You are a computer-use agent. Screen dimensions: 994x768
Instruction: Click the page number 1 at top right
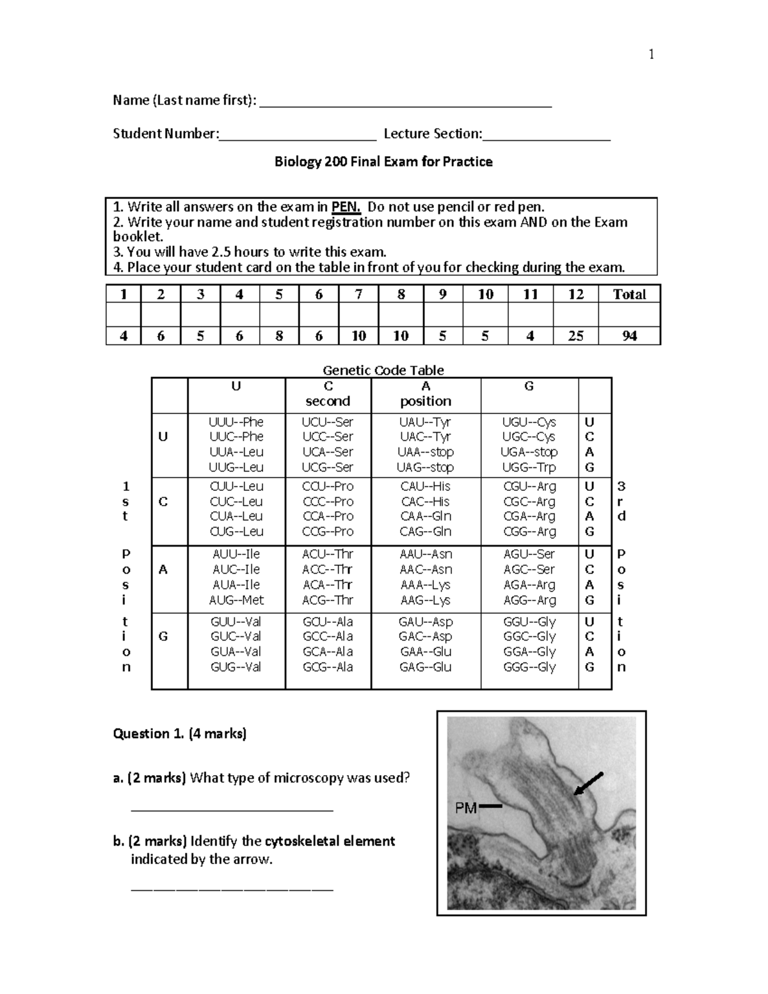[651, 54]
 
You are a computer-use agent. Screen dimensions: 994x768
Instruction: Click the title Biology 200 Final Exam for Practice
[383, 161]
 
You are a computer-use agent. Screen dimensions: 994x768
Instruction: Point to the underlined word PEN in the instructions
[346, 207]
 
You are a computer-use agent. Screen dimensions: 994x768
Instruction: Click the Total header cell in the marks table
[629, 294]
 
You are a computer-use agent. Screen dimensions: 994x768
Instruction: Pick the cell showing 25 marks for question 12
[575, 336]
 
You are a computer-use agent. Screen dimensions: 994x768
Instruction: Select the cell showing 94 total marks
[629, 336]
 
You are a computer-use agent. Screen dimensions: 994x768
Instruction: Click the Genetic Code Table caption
[383, 370]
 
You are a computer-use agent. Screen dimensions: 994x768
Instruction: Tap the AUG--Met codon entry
[236, 600]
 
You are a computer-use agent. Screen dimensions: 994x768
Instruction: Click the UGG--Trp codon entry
[529, 467]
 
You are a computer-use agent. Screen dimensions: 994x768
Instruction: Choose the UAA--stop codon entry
[426, 452]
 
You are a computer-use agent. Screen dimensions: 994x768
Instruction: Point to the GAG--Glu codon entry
[426, 667]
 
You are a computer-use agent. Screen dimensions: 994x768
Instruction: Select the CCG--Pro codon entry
[328, 531]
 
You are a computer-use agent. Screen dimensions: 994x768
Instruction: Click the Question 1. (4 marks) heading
[180, 733]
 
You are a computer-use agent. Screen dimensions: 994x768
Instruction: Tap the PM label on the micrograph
[466, 808]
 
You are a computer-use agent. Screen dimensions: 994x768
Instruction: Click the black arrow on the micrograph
[588, 784]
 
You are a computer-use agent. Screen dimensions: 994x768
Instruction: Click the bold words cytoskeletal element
[330, 841]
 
